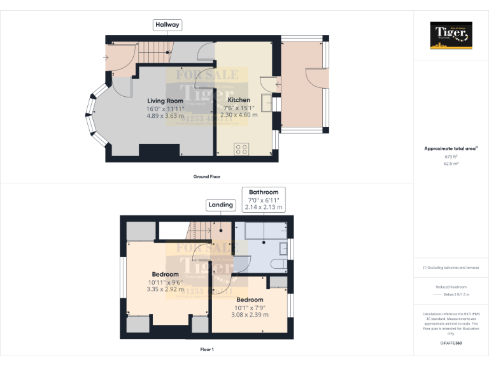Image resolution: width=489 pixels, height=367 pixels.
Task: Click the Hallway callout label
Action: [167, 25]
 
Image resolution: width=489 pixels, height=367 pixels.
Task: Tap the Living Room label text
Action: [166, 101]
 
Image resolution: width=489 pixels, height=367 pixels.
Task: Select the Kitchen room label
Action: [239, 100]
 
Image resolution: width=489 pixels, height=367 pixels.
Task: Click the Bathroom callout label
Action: [264, 192]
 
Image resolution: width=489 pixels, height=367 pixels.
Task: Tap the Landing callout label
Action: [221, 205]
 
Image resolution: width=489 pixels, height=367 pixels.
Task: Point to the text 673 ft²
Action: [451, 156]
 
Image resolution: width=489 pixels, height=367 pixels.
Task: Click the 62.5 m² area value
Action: [451, 163]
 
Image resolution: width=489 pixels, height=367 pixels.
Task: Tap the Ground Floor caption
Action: [207, 176]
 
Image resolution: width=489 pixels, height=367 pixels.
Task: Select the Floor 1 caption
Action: [207, 349]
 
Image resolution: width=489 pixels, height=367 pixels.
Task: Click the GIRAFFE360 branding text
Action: [451, 343]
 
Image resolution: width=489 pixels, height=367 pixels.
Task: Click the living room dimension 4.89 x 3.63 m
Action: [166, 115]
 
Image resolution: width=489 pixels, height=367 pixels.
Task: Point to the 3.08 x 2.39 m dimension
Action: [250, 315]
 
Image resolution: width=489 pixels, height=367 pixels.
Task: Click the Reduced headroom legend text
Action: [451, 287]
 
